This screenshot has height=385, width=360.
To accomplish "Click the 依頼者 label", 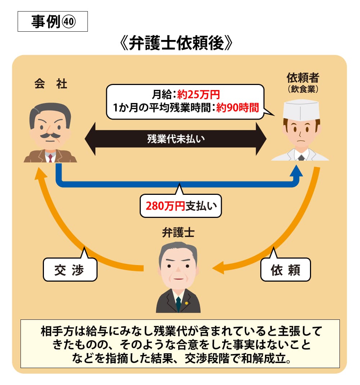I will click(x=303, y=77).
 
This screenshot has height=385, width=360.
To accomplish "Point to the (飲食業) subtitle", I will click(x=303, y=89).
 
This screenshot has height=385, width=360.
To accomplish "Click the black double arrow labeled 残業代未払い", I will click(x=176, y=139).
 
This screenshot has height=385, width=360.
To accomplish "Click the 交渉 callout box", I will click(x=70, y=269).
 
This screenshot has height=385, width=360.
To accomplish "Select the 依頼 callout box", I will click(x=285, y=269).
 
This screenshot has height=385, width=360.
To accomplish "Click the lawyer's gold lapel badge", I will click(x=186, y=303).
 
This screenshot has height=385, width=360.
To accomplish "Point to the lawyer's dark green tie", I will click(x=178, y=304).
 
